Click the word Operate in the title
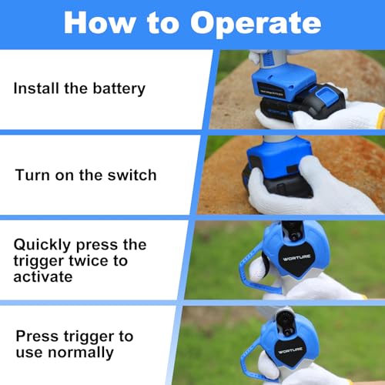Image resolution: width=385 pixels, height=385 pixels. pos(256,24)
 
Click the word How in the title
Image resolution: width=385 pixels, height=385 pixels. pos(100,22)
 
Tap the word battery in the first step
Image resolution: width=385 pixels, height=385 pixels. pos(119,89)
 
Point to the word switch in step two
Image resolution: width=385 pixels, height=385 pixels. pos(132,175)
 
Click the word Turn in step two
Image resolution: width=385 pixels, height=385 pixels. pos(32,175)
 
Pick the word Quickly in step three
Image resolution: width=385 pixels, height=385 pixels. pos(42,245)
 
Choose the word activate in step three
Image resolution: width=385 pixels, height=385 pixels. pos(43,276)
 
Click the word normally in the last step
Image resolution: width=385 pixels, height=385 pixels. pos(81,353)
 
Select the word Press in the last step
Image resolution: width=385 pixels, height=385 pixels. pos(37,336)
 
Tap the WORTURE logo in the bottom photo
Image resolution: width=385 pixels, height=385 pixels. pos(290,350)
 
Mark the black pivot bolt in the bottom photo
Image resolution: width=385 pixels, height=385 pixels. pos(288,331)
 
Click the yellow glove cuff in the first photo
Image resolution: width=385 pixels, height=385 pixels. pos(381,119)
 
